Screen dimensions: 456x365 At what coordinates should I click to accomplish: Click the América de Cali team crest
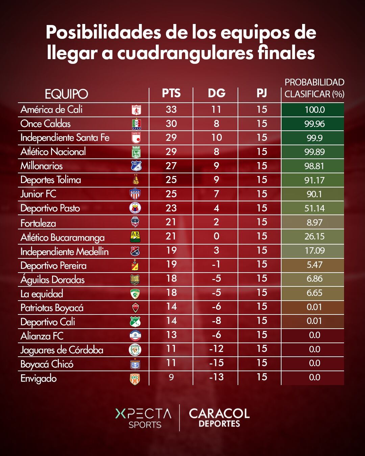(136, 110)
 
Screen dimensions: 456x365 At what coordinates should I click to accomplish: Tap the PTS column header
(171, 93)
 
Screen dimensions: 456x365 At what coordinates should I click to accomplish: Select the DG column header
(216, 93)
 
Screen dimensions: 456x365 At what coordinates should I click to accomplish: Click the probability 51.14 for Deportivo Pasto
(314, 208)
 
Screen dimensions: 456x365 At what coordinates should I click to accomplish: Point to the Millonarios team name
(42, 166)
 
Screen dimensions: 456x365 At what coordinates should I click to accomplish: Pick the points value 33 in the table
(171, 109)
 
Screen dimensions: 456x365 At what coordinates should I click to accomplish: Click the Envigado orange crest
(135, 379)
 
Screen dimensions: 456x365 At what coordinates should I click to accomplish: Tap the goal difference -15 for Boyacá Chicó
(216, 363)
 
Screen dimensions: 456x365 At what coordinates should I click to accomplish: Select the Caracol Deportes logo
(219, 417)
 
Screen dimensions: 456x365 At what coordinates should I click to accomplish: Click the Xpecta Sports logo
(144, 418)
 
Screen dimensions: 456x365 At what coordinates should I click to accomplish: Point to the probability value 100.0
(314, 109)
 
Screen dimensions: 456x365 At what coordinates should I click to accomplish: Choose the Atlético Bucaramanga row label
(63, 237)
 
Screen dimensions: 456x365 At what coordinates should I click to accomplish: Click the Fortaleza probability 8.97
(314, 222)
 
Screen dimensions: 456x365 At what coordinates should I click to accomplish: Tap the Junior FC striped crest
(135, 194)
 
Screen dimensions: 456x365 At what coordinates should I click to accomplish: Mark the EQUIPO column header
(66, 94)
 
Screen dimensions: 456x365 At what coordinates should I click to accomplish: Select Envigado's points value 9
(171, 377)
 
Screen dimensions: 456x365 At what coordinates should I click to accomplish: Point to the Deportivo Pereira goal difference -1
(216, 264)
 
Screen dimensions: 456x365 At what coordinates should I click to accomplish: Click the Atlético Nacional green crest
(136, 152)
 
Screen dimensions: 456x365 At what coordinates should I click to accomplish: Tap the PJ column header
(262, 93)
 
